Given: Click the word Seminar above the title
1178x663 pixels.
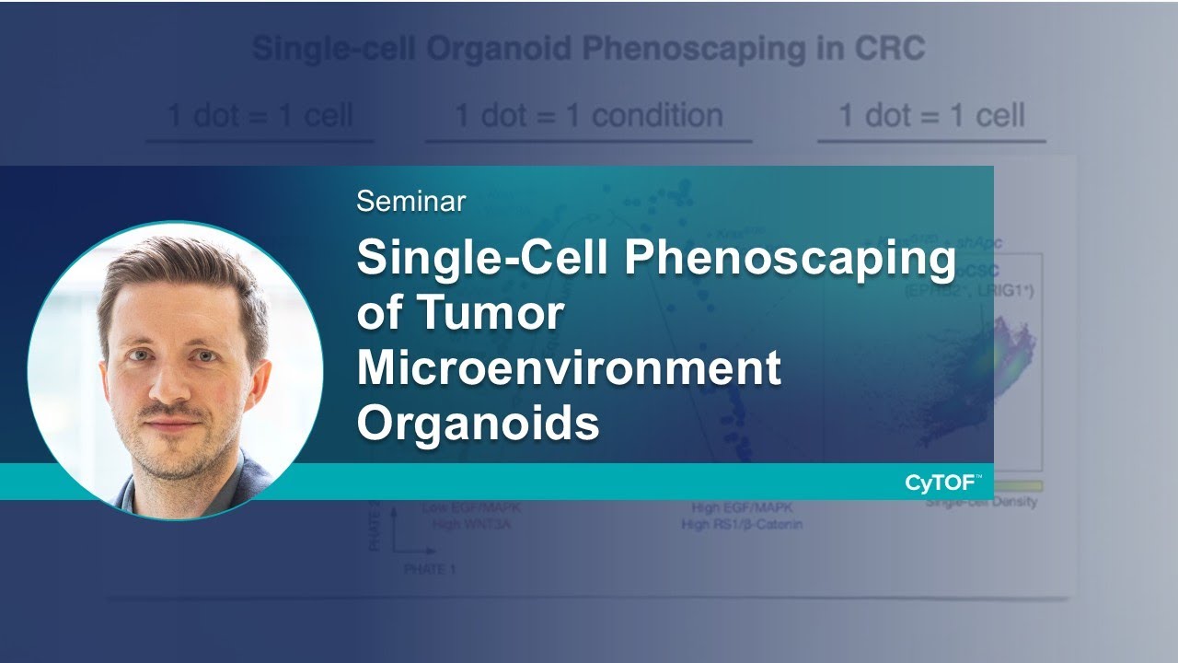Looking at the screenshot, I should click(x=410, y=201).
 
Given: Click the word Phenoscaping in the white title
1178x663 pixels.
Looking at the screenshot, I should click(x=791, y=260).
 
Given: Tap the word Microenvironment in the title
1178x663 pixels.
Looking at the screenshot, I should click(x=569, y=367).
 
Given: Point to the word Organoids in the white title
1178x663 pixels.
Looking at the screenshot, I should click(x=478, y=423).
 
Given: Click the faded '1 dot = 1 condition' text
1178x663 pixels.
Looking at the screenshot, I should click(x=589, y=116).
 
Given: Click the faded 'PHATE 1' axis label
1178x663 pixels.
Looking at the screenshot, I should click(x=430, y=570).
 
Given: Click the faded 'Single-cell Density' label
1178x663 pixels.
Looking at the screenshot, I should click(x=981, y=503).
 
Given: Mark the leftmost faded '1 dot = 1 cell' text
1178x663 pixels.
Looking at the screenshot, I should click(x=260, y=116).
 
